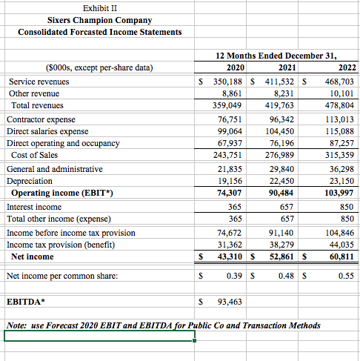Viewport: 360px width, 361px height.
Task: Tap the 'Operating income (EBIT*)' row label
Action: (x=56, y=193)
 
